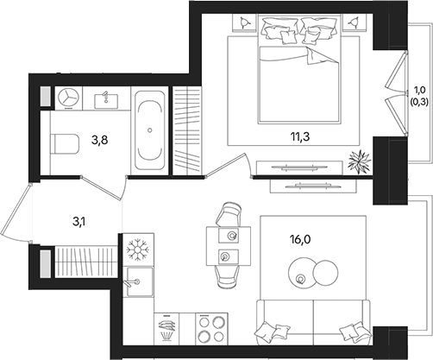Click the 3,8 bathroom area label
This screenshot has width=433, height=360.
tap(100, 141)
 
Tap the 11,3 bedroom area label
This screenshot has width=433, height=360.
tap(300, 137)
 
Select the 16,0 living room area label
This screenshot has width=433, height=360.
tap(301, 239)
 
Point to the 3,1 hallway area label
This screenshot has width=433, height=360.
tap(80, 222)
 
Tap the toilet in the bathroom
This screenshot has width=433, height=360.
tap(65, 143)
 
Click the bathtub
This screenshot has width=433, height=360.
tap(150, 130)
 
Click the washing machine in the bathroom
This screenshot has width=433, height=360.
tap(68, 98)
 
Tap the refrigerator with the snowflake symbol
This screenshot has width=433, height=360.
tap(138, 249)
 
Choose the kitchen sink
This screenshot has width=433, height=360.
tap(139, 281)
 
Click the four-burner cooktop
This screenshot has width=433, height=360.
tap(211, 329)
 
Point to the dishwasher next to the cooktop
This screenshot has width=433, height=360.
tap(166, 329)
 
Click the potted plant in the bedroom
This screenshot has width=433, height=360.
tap(358, 162)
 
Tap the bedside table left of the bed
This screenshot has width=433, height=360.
tap(244, 22)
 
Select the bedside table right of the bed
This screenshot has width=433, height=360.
tap(355, 22)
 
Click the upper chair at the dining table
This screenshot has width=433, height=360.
tap(229, 214)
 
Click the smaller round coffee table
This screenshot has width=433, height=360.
tap(325, 273)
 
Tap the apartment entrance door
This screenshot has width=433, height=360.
tap(16, 213)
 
